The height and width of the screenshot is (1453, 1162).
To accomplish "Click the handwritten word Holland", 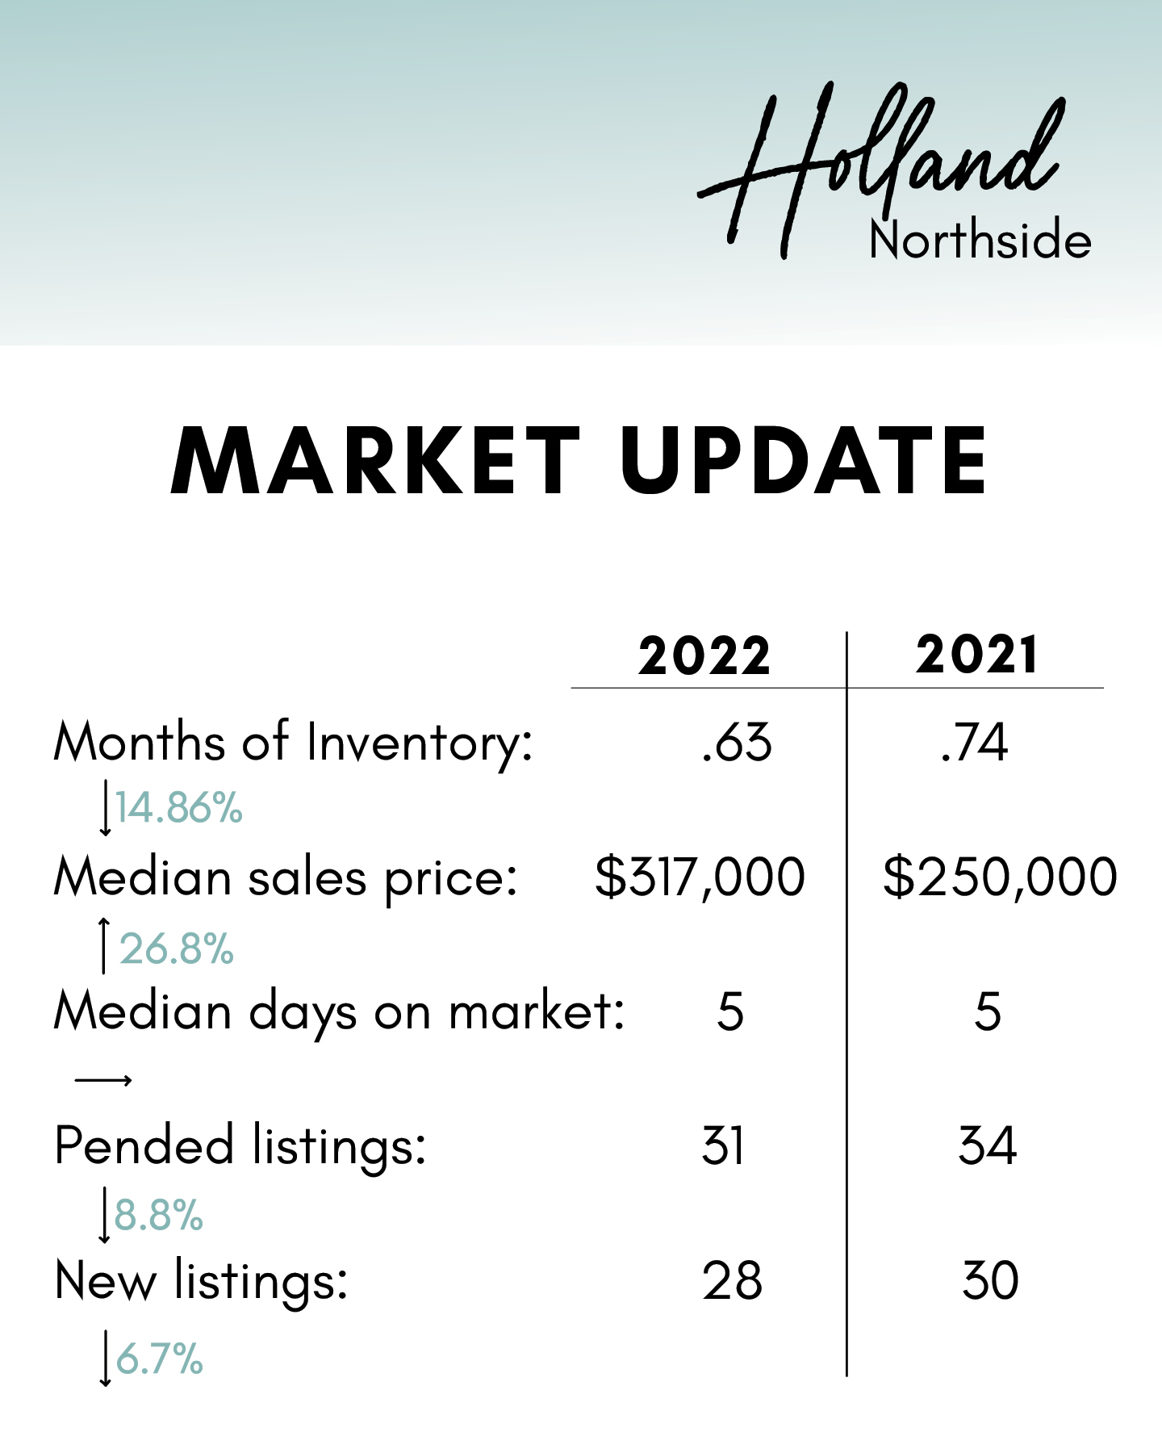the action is coord(880,170).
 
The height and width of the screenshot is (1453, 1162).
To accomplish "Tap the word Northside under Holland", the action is coord(980,240).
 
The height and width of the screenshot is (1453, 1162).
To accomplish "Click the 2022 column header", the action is coord(704,655).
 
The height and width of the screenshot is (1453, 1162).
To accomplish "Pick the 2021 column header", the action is coord(976,655).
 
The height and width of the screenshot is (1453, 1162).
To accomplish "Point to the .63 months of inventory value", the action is coord(737,743).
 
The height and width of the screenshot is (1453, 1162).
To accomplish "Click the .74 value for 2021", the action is coord(975,743).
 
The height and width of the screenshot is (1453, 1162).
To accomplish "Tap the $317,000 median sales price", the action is coord(700,877).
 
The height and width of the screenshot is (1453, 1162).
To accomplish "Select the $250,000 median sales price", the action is coord(1001,877).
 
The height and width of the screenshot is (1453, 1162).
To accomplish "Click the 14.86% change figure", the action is coord(178,808).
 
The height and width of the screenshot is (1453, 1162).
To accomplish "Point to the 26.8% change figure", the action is coord(177,949).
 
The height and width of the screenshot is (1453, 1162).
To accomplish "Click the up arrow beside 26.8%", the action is coord(103,945).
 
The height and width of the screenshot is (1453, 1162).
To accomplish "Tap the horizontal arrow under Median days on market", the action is coord(103,1080).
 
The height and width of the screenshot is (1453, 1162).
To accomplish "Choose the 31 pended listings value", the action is coord(723,1146).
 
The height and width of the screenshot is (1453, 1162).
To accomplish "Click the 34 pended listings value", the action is coord(988,1146).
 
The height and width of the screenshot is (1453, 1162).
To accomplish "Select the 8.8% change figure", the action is coord(159,1216).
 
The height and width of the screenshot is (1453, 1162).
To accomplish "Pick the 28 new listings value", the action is coord(732,1281).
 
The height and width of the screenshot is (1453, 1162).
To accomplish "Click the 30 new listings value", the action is coord(991,1281).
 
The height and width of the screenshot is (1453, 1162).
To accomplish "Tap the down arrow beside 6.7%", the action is coord(105,1359).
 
